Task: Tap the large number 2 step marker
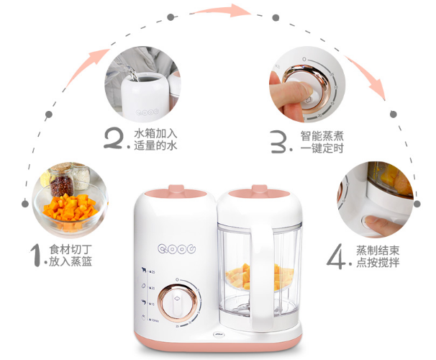point(117,138)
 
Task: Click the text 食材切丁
point(71,249)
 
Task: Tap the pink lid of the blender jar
point(255,192)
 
